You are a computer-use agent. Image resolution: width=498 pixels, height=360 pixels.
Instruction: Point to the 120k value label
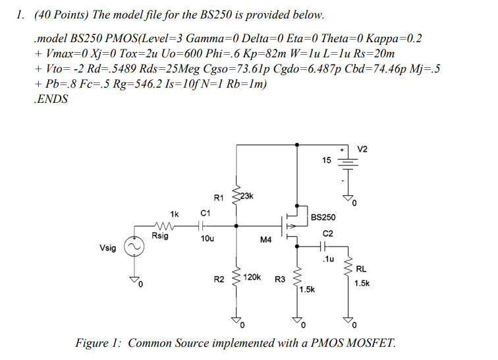click(x=254, y=279)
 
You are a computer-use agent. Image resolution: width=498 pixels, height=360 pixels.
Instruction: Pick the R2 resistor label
click(x=219, y=280)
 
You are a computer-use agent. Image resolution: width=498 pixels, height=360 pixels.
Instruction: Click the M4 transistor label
click(x=265, y=241)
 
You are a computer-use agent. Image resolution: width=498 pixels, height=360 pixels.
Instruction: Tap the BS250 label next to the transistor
click(x=323, y=216)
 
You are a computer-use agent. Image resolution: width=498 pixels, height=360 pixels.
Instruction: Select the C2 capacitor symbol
click(x=322, y=247)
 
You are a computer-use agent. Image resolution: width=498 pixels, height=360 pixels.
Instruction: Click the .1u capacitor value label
click(x=327, y=259)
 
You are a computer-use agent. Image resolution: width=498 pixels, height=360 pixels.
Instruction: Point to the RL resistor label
click(x=362, y=268)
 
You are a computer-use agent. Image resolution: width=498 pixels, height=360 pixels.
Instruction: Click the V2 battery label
click(x=364, y=150)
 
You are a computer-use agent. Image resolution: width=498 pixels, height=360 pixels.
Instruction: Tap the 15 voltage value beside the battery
click(x=327, y=160)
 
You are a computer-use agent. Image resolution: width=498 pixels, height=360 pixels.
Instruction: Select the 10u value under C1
click(x=206, y=239)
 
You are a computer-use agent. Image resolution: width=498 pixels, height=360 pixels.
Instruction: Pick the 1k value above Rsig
click(x=174, y=214)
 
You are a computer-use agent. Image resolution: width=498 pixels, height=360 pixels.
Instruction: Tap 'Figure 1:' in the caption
click(x=99, y=343)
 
